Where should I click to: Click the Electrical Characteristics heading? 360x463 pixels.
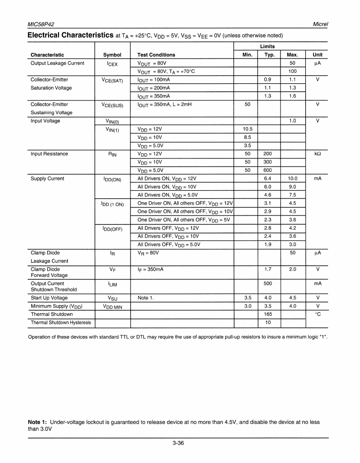(70, 35)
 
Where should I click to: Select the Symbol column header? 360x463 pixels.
(112, 55)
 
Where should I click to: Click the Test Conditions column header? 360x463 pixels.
(156, 55)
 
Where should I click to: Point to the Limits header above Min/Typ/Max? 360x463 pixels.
(270, 46)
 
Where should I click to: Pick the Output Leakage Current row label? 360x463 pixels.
(57, 63)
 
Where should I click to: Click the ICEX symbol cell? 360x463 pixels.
(112, 64)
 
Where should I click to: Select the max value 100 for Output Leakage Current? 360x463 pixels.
(292, 71)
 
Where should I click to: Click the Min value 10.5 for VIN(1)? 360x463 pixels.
(248, 129)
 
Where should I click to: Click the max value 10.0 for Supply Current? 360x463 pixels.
(292, 178)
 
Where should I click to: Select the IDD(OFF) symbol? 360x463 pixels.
(112, 229)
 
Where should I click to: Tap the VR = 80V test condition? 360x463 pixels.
(148, 253)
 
